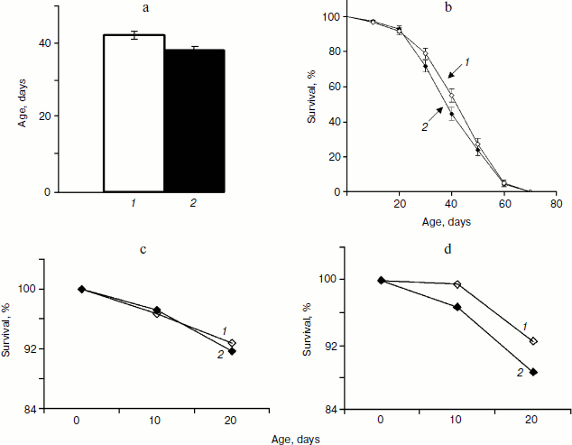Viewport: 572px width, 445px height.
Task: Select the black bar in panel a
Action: click(x=194, y=121)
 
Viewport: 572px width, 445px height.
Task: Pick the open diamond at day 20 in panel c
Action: click(x=232, y=343)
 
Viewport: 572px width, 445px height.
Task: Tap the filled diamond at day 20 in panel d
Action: click(x=532, y=372)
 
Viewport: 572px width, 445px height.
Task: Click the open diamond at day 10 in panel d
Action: click(x=457, y=284)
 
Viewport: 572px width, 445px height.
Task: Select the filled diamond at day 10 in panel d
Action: click(x=457, y=307)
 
